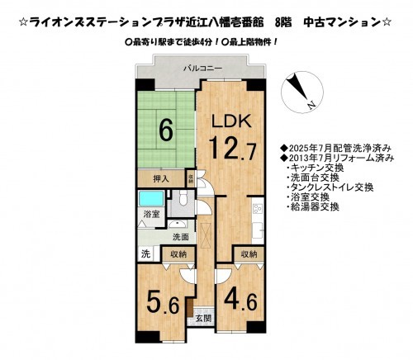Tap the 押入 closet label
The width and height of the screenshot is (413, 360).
coord(161,178)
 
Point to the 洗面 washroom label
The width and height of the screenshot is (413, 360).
coord(181,236)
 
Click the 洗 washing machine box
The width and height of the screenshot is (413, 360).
coord(145,253)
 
